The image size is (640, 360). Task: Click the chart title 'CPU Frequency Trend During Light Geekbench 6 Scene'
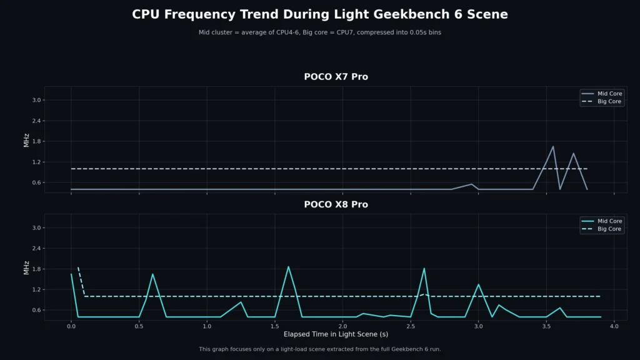320,14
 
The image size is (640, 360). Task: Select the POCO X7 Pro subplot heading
336,77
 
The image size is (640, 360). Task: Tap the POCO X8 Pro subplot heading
336,204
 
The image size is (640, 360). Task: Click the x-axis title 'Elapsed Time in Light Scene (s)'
336,334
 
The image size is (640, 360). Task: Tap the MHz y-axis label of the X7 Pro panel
27,141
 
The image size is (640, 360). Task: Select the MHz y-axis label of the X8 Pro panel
27,269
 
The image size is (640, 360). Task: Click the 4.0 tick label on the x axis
614,326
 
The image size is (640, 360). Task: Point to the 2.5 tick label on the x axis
410,326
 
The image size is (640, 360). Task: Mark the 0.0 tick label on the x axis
71,326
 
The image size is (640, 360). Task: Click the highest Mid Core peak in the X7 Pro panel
552,146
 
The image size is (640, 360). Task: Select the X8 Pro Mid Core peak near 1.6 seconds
288,267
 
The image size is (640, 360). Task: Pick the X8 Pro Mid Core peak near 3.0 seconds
478,284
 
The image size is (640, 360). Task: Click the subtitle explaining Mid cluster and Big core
320,32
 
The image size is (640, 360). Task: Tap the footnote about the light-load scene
320,349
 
